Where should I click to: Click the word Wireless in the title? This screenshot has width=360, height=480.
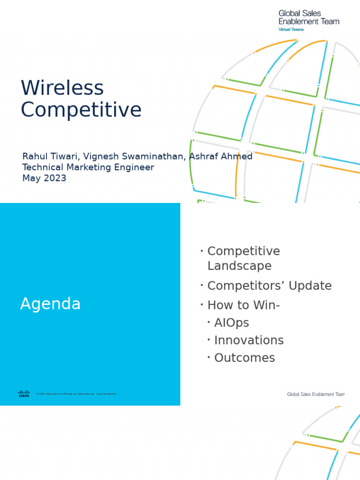tap(62, 88)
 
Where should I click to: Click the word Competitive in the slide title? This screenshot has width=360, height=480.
tap(81, 110)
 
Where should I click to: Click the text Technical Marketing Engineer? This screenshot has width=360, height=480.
tap(88, 167)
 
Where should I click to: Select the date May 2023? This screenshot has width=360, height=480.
tap(45, 179)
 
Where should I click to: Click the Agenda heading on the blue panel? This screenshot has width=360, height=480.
tap(50, 304)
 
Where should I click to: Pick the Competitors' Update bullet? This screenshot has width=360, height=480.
tap(269, 286)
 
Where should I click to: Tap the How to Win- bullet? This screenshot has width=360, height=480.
tap(243, 305)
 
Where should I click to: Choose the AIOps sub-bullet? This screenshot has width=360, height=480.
tap(232, 323)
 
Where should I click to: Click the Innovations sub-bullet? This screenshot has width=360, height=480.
tap(248, 340)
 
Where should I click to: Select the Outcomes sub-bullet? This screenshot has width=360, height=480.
tap(244, 358)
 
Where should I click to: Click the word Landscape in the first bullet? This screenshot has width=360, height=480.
tap(239, 266)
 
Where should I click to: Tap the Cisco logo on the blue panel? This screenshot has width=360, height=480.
tap(24, 394)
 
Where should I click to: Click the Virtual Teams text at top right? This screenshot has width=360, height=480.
tap(291, 29)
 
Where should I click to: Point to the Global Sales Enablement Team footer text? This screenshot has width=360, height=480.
tap(315, 394)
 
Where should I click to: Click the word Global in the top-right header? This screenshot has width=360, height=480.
tap(289, 14)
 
